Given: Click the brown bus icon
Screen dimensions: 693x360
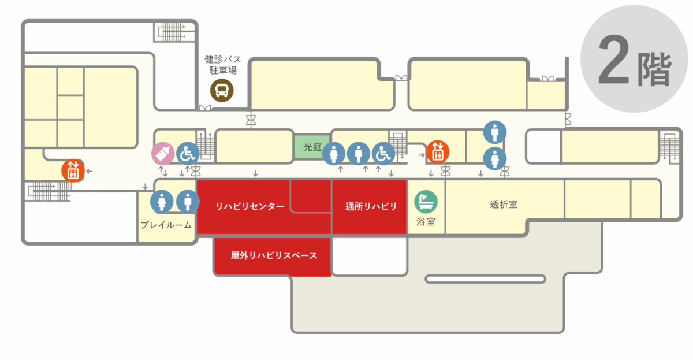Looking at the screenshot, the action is (222, 90).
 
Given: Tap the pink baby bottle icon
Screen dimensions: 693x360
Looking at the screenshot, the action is (163, 154).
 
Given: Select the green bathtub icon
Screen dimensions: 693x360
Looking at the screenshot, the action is (426, 202).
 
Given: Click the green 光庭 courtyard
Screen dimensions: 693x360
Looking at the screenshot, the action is (312, 147).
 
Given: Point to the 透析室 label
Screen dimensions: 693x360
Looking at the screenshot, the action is (504, 205).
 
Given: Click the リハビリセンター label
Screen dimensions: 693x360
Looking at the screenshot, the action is (249, 206).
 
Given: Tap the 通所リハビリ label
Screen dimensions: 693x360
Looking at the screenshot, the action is (371, 206).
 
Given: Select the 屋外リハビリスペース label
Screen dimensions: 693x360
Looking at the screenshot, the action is (274, 255).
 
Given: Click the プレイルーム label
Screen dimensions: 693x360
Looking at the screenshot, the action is (166, 225).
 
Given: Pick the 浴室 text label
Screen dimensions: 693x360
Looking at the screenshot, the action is (426, 222).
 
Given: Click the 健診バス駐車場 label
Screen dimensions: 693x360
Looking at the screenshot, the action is (223, 65).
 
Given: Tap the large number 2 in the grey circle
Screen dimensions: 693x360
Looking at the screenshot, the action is (613, 60).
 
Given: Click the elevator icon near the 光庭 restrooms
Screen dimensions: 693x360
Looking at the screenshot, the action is (438, 152).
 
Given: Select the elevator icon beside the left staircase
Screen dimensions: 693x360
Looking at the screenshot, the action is (73, 170).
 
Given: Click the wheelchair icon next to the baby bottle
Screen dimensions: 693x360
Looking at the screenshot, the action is (188, 154).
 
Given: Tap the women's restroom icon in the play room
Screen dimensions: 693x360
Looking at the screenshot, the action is (162, 202).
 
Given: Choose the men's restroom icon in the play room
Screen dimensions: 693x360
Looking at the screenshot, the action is (188, 202).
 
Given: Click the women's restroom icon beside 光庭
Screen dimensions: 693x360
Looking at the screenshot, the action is (334, 154).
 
